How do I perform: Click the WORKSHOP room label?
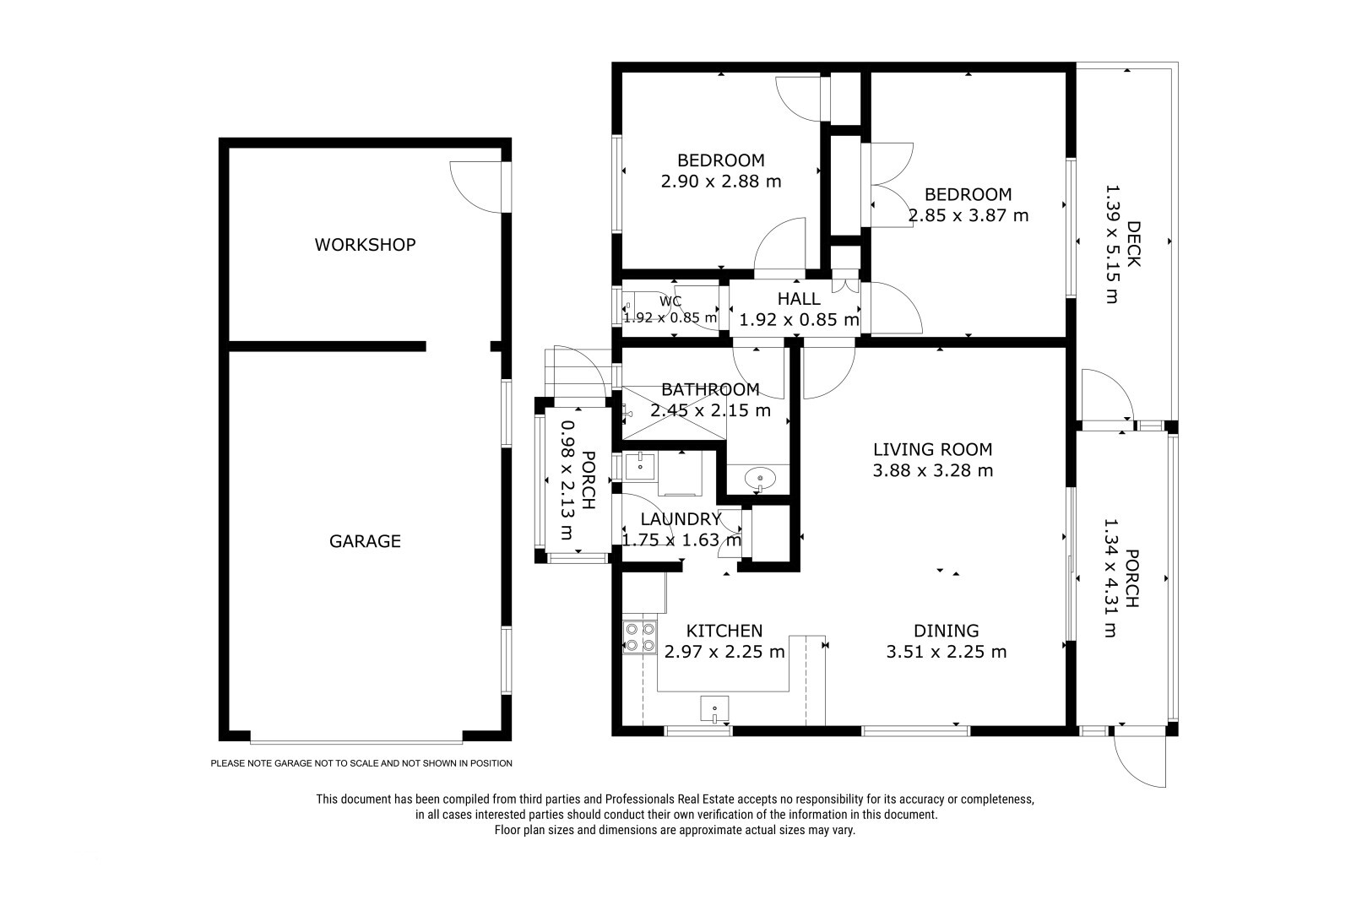[x=365, y=244]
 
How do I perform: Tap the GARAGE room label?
[x=365, y=541]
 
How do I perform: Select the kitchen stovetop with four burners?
[x=640, y=637]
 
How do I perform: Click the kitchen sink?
[x=714, y=709]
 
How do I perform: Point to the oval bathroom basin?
[x=760, y=480]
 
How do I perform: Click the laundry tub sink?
[x=639, y=466]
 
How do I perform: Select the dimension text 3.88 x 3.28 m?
[x=932, y=470]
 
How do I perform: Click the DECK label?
[x=1133, y=244]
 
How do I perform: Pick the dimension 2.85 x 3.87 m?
[x=968, y=215]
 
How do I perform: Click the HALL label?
[x=799, y=299]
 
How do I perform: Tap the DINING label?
[x=947, y=631]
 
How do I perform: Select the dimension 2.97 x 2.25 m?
[x=724, y=652]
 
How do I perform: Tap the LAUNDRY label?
[x=681, y=518]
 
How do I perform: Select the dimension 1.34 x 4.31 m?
[x=1111, y=577]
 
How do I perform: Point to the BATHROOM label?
[x=710, y=389]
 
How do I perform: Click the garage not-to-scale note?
[x=361, y=763]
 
